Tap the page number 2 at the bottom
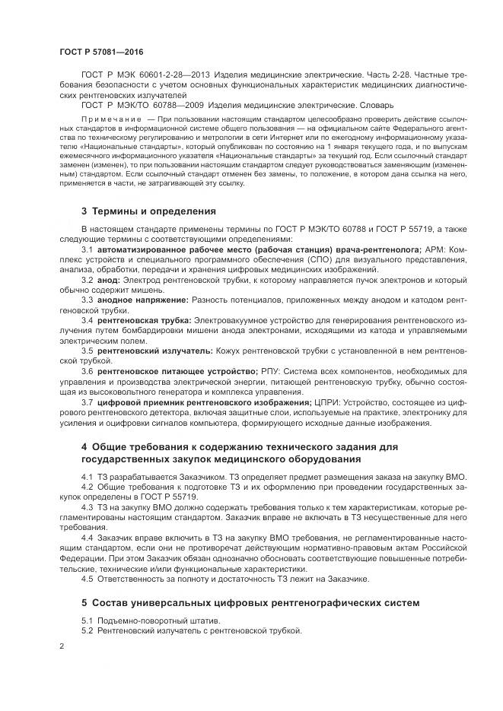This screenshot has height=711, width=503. [61, 646]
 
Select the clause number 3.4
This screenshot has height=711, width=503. [88, 320]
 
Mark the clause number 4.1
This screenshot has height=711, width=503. [88, 476]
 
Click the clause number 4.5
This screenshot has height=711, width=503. [88, 579]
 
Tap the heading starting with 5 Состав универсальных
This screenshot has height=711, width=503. [250, 603]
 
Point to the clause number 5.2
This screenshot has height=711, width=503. [88, 630]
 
